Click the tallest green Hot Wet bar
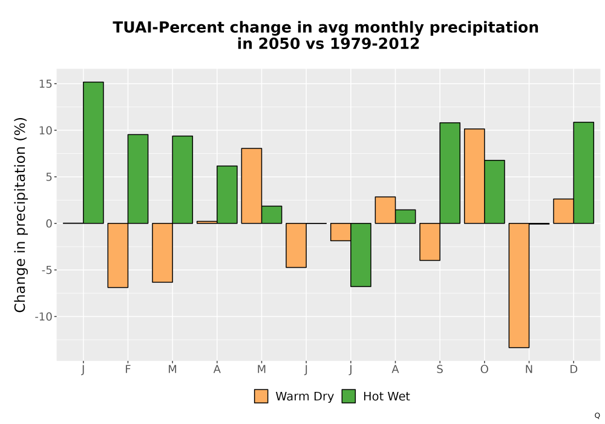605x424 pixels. tap(93, 153)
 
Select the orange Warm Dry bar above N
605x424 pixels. tap(519, 285)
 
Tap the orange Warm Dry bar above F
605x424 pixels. tap(118, 255)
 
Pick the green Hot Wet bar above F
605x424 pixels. tap(138, 179)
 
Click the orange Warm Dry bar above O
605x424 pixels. tap(474, 176)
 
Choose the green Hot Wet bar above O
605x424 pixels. tap(494, 192)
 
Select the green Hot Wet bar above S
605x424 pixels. tap(450, 173)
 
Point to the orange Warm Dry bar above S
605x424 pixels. tap(430, 242)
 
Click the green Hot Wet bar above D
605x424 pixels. tap(583, 173)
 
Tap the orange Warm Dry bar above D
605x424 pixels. tap(563, 211)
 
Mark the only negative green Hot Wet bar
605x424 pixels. tap(361, 255)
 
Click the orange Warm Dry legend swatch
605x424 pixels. tap(261, 396)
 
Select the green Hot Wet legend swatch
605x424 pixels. tap(349, 396)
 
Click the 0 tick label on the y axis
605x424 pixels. tap(48, 224)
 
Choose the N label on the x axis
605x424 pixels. tap(529, 369)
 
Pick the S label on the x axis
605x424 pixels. tap(439, 369)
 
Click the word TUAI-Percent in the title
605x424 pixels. tap(169, 28)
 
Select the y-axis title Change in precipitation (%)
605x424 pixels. tap(20, 214)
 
